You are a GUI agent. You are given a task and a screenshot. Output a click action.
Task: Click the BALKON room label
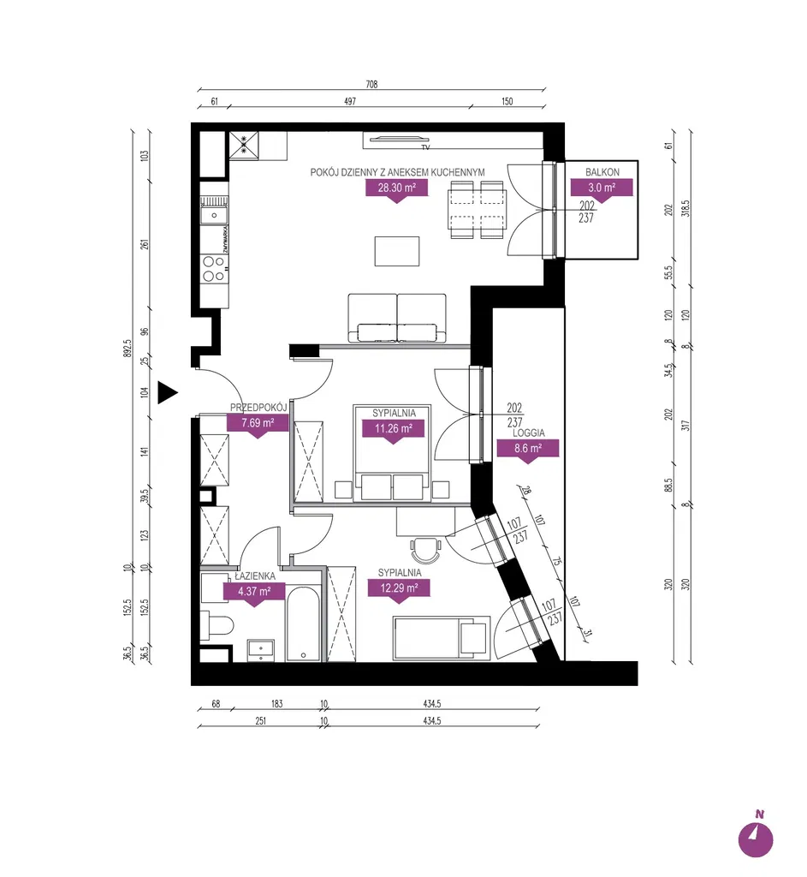point(602,172)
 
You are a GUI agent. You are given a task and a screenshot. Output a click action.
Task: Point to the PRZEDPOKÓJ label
point(258,407)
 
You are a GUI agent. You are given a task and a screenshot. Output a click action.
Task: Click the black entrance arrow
point(167,392)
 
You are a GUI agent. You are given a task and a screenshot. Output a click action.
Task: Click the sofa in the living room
point(397,318)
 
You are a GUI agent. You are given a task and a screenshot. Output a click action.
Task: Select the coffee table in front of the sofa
point(397,251)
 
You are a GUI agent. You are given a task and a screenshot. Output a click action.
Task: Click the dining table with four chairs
point(477,209)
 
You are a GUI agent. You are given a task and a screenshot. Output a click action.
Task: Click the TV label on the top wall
point(426,147)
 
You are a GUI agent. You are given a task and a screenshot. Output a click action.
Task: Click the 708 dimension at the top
point(371,85)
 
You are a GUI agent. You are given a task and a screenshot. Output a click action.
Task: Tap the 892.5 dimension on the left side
point(128,349)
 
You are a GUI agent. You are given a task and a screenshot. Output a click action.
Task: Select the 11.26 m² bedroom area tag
point(394,429)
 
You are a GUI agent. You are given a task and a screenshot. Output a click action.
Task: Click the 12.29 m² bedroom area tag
point(399,588)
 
